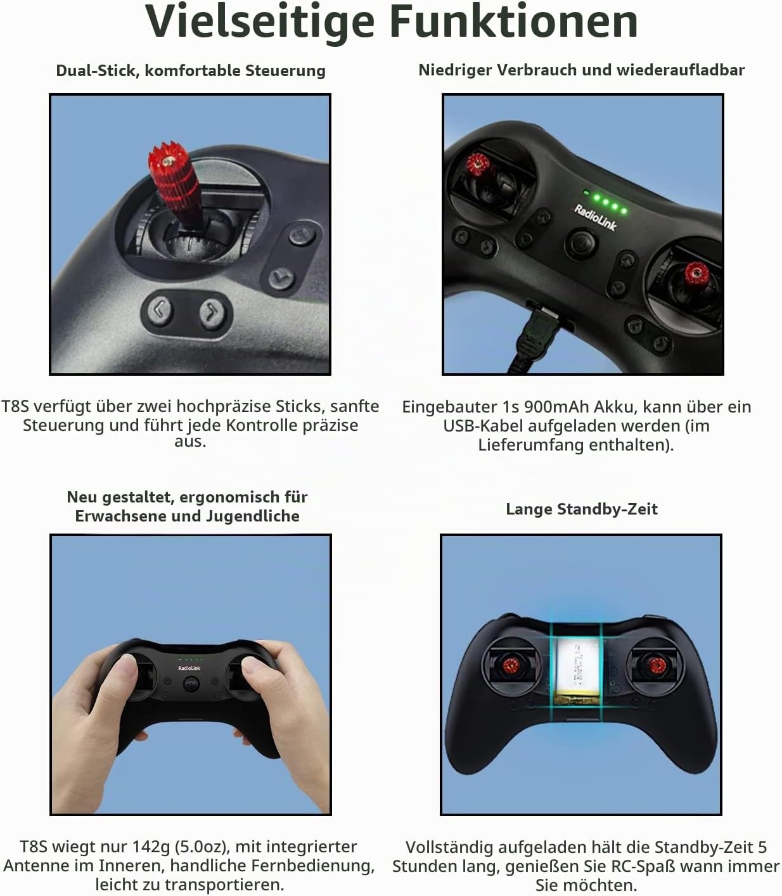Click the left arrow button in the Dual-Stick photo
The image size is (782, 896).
[x=159, y=310]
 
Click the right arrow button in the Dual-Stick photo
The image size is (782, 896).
[x=212, y=312]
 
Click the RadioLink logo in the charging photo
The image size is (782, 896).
[x=596, y=217]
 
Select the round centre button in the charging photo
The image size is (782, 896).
[x=581, y=243]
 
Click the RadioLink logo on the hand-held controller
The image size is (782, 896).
[x=189, y=669]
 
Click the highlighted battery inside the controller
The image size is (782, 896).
[x=577, y=670]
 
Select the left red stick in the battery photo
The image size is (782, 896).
[x=511, y=665]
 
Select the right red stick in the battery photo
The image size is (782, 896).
[x=657, y=665]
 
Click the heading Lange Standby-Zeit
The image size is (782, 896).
[x=582, y=509]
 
